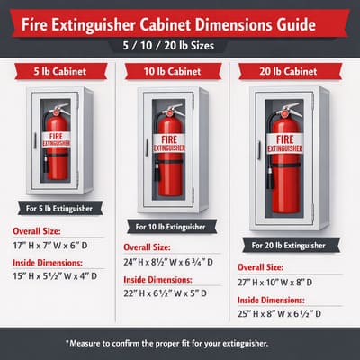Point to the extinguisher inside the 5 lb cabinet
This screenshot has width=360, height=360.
[59, 144]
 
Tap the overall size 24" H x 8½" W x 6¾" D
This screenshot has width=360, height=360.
[176, 261]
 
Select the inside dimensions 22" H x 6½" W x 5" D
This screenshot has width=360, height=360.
[175, 295]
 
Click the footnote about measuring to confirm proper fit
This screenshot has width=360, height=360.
[180, 343]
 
